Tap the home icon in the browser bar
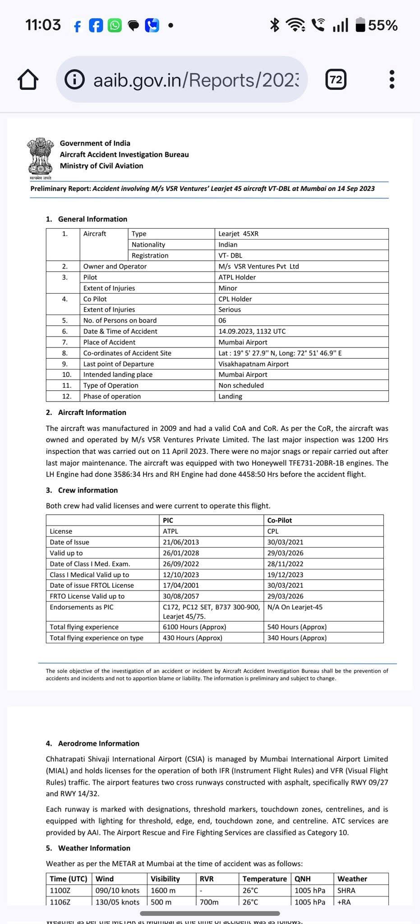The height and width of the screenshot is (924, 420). [28, 80]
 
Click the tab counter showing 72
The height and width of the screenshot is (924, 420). [336, 80]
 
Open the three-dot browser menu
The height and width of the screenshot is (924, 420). [392, 79]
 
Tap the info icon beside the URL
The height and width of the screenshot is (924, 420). [74, 80]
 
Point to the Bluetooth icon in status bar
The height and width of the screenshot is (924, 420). [274, 25]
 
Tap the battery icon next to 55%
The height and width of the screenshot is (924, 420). [360, 25]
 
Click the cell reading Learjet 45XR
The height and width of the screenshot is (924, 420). [238, 234]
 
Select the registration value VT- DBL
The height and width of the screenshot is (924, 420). [230, 255]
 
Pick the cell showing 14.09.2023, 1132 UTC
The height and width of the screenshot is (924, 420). [252, 331]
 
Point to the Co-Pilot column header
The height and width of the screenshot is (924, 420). [279, 520]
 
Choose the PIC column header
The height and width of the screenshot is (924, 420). [168, 520]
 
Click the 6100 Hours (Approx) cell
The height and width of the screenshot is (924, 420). [194, 627]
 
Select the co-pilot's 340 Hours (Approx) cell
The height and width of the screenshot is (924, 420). [297, 638]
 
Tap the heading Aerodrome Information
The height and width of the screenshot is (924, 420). [98, 743]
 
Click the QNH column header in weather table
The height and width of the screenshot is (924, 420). [302, 878]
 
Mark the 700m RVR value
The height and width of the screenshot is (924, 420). [209, 902]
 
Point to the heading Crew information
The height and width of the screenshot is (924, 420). [88, 490]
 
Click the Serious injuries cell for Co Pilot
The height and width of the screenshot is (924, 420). [230, 310]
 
